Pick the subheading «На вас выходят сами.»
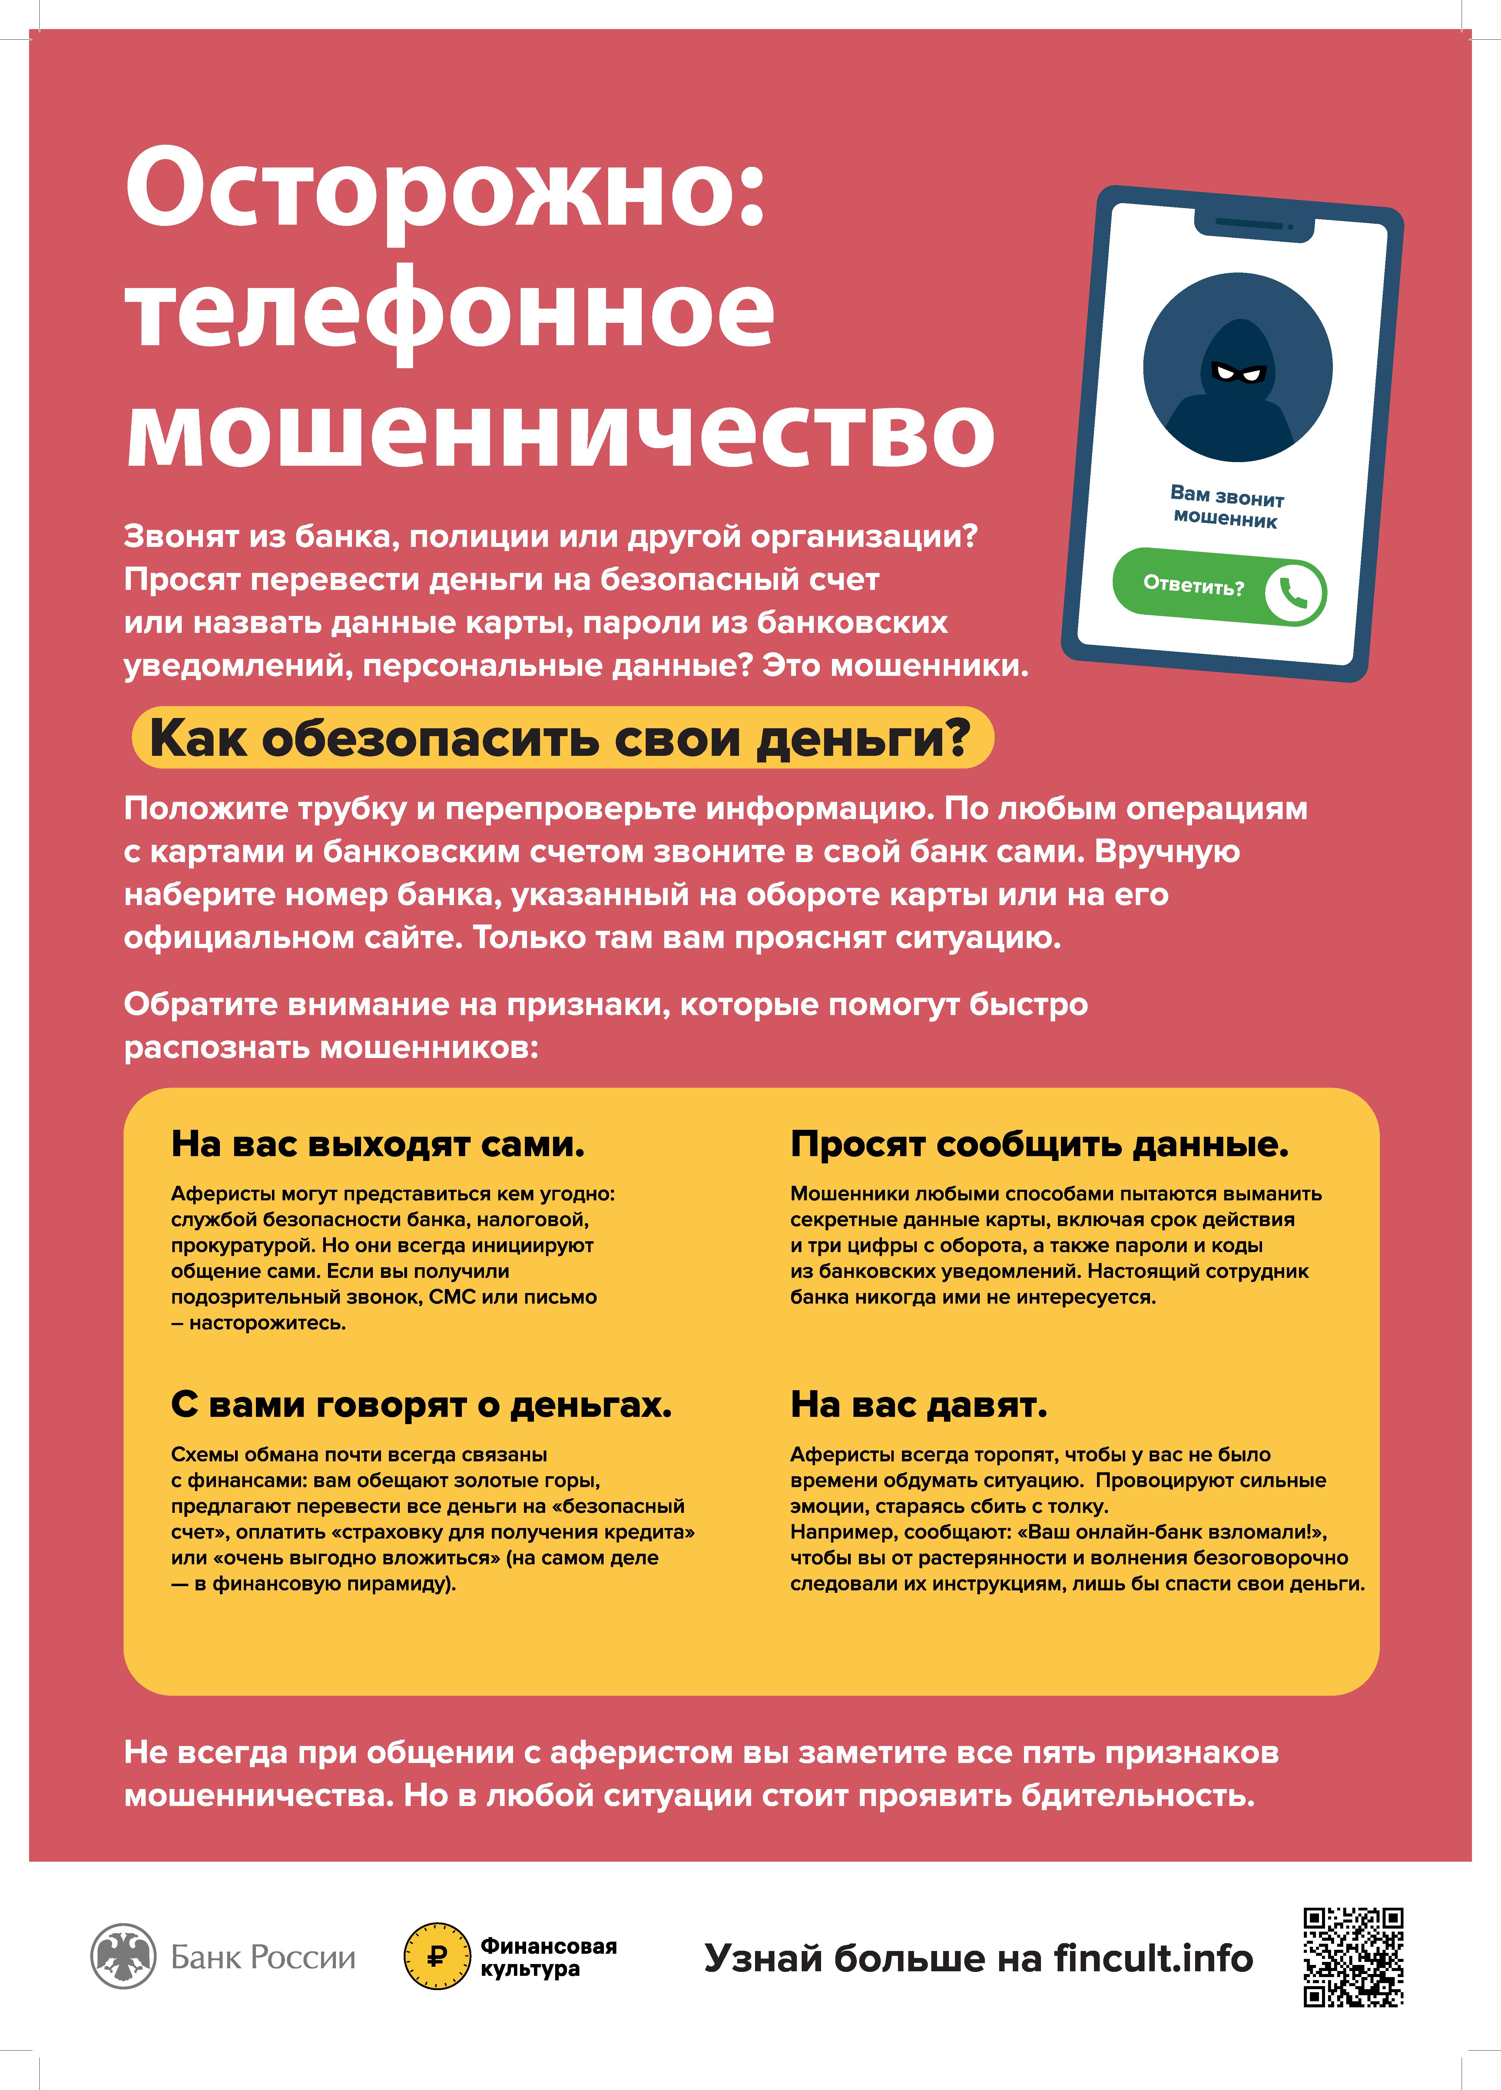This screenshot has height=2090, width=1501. pos(378,1145)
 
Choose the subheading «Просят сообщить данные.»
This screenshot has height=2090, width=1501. pos(1039,1145)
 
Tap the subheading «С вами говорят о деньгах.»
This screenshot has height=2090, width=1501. pos(421,1404)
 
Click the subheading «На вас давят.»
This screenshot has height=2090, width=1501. pos(919,1404)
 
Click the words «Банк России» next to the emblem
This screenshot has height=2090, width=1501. pos(263,1956)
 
